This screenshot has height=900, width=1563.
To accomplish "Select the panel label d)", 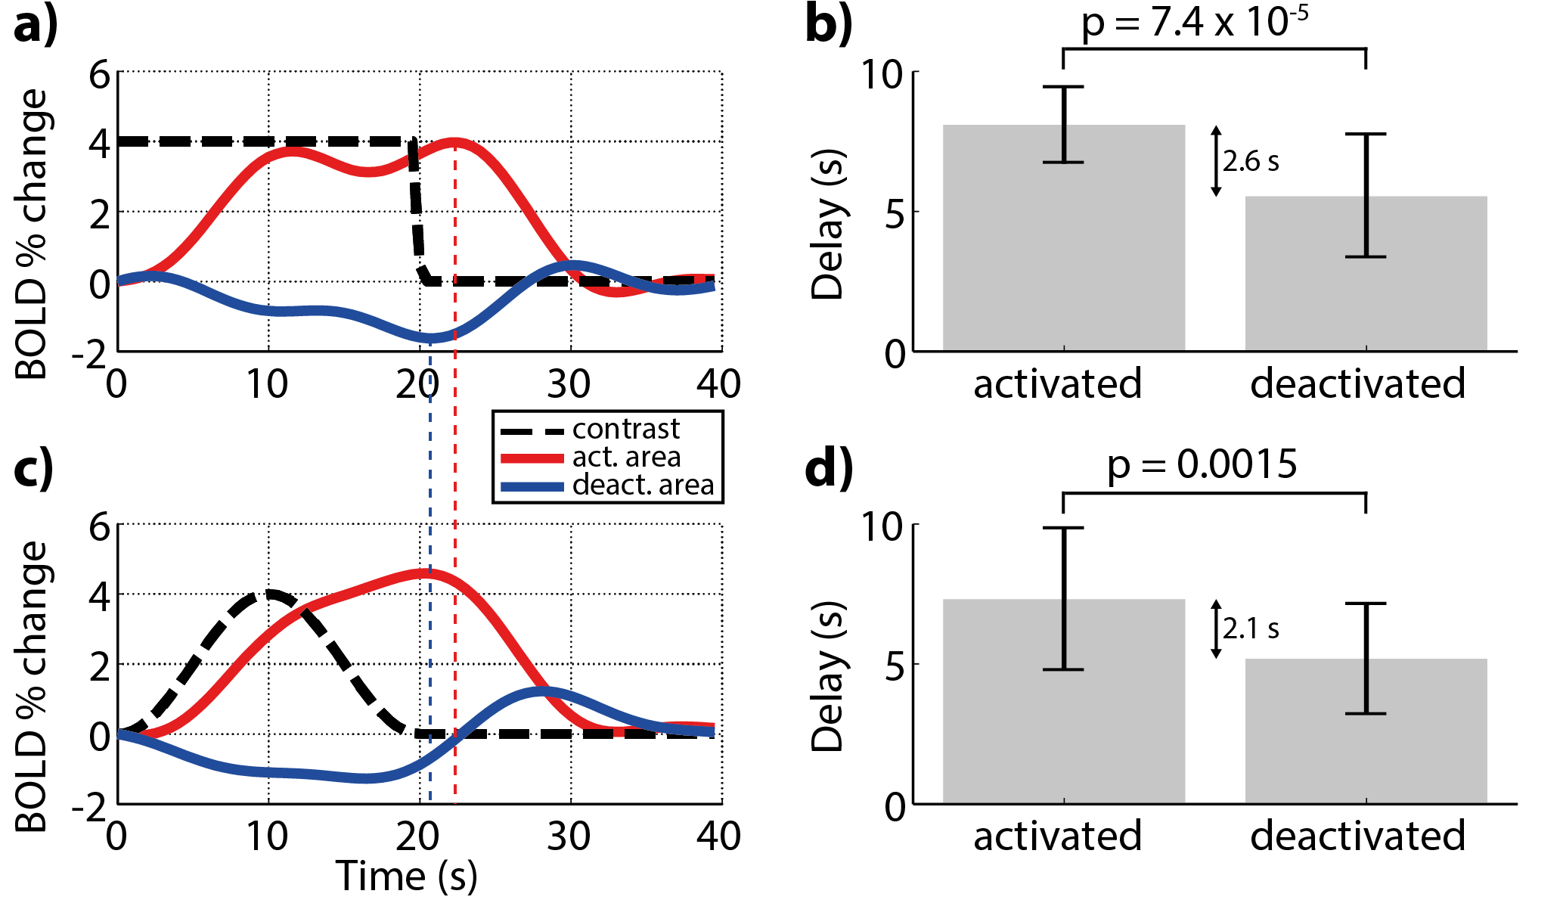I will click(829, 468).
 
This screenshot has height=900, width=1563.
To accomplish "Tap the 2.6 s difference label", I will click(1251, 161).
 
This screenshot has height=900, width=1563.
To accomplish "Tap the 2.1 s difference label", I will click(1251, 628).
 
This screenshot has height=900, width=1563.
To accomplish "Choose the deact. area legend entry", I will click(643, 486).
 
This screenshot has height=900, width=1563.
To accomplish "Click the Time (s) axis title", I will click(406, 877).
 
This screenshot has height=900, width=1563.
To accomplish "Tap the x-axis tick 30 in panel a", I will click(569, 384).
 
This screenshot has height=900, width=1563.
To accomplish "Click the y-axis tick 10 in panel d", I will click(882, 526).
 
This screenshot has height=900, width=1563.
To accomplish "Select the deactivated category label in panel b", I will click(1357, 384).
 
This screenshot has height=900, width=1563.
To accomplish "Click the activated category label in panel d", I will click(1057, 836).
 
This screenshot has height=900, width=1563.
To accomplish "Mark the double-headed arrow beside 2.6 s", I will click(1216, 161).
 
